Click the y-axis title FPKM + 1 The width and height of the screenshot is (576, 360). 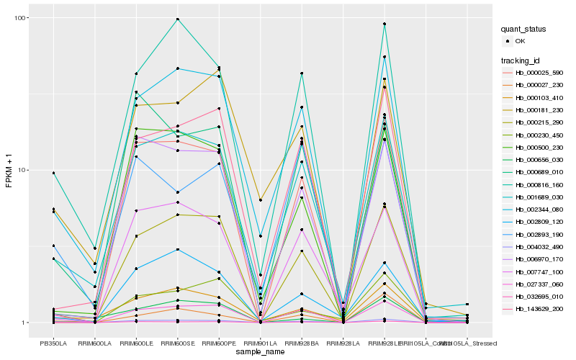pos(9,170)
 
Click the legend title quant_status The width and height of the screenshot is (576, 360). pos(525,29)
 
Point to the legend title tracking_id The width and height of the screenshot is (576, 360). pos(522,60)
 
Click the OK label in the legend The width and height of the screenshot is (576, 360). pos(520,41)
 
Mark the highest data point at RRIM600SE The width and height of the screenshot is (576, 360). pos(177,19)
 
